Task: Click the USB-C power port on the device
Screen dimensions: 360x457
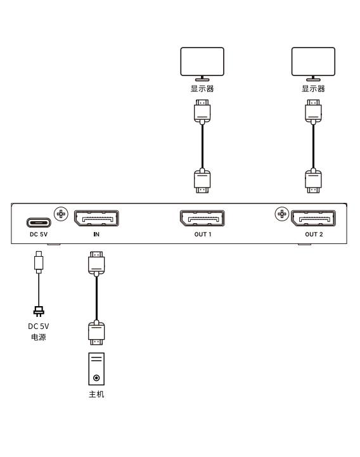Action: pyautogui.click(x=39, y=222)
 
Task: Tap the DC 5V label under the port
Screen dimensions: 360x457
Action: pyautogui.click(x=39, y=235)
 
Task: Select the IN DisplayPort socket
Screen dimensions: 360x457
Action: pyautogui.click(x=96, y=218)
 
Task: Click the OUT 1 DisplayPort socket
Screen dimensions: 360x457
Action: pyautogui.click(x=202, y=218)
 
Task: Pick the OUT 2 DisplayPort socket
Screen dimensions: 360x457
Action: pyautogui.click(x=313, y=218)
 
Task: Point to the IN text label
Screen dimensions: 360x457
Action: pyautogui.click(x=96, y=235)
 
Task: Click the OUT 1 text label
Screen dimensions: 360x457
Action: pyautogui.click(x=203, y=235)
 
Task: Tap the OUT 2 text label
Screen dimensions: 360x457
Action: pyautogui.click(x=314, y=235)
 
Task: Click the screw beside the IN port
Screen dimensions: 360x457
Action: pyautogui.click(x=61, y=214)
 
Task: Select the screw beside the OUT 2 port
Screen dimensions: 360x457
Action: pyautogui.click(x=282, y=214)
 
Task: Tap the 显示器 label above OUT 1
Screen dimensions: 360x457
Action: pyautogui.click(x=202, y=89)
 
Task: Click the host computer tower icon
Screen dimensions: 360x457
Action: pyautogui.click(x=96, y=369)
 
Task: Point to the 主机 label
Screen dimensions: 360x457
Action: pyautogui.click(x=96, y=394)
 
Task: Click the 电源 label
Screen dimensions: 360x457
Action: pyautogui.click(x=39, y=337)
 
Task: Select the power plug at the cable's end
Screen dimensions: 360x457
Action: pyautogui.click(x=39, y=311)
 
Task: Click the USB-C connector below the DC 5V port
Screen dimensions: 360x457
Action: pyautogui.click(x=39, y=262)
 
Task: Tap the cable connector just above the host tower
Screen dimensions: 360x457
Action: pyautogui.click(x=96, y=333)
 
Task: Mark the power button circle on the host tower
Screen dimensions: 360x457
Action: pyautogui.click(x=96, y=378)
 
